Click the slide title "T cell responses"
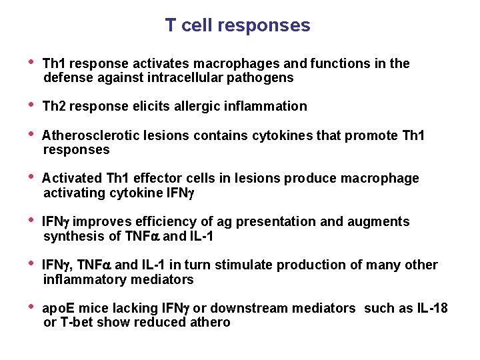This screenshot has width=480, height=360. point(237,25)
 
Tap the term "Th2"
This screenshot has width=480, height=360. point(54,107)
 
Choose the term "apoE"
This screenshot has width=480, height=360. point(57,309)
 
